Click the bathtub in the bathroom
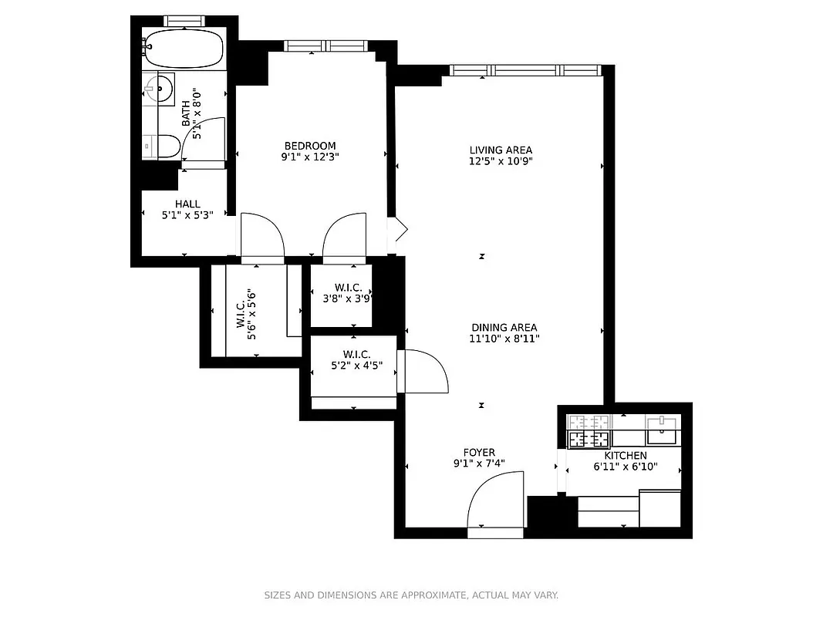click(184, 49)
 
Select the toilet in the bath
click(167, 146)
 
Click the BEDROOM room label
click(310, 146)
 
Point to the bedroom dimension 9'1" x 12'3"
click(310, 157)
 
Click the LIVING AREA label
click(501, 150)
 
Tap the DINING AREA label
click(504, 328)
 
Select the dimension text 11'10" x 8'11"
click(504, 339)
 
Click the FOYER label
click(479, 453)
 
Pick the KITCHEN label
click(625, 456)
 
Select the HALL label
click(187, 204)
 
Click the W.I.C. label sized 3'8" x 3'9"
click(348, 288)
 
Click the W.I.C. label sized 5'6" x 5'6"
click(240, 309)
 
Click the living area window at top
click(524, 70)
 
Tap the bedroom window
click(328, 46)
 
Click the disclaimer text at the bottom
click(411, 595)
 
